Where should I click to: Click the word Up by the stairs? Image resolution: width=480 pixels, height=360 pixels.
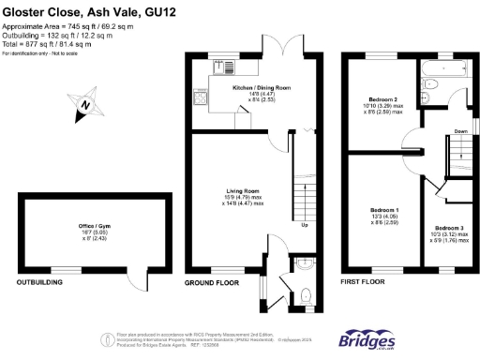click(304, 225)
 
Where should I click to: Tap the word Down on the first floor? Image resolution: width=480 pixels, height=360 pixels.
click(461, 131)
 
